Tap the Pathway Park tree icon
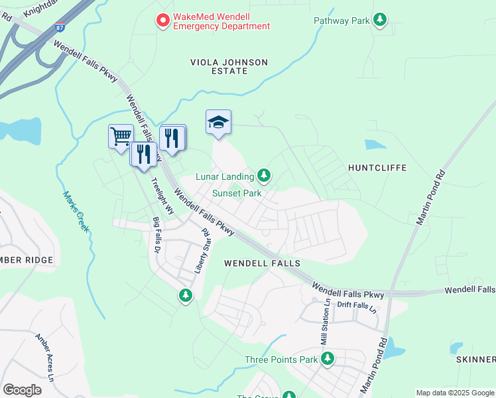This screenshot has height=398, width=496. click(x=380, y=20)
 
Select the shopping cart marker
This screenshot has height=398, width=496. click(x=120, y=137)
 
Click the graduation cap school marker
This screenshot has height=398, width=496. click(x=218, y=122)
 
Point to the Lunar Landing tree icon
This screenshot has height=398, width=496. click(x=264, y=175)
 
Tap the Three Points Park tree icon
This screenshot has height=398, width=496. click(x=327, y=359)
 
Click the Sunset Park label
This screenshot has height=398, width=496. click(x=237, y=194)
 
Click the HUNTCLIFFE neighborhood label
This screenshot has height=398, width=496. click(x=377, y=168)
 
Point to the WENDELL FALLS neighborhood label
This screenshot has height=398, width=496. click(x=262, y=263)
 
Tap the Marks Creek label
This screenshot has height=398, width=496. click(x=76, y=212)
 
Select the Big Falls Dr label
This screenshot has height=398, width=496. click(x=157, y=235)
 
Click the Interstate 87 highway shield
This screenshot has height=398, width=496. click(x=60, y=28)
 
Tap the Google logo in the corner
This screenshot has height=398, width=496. click(x=22, y=389)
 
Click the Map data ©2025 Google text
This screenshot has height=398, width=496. click(x=454, y=393)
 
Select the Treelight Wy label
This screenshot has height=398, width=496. click(x=162, y=196)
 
